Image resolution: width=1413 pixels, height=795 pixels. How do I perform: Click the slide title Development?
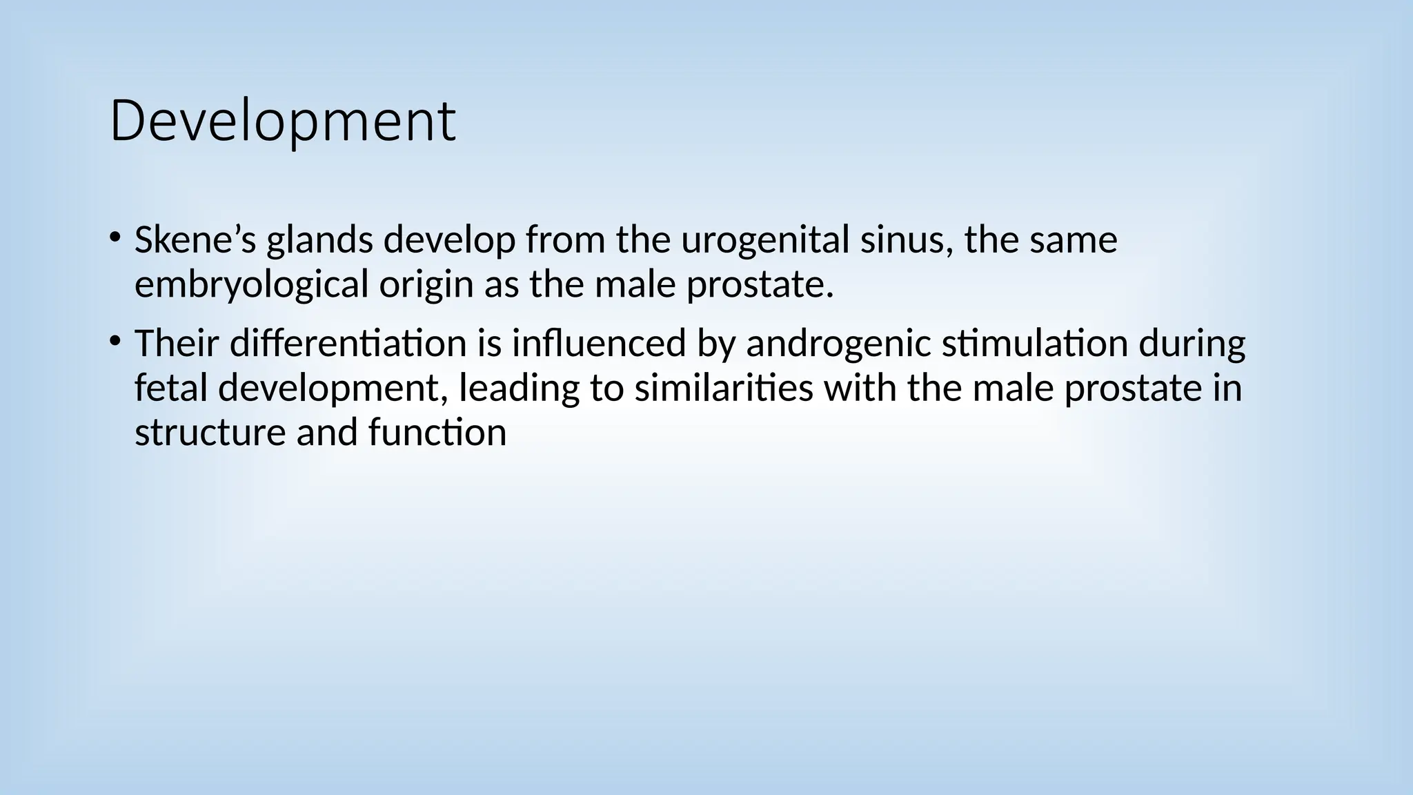click(282, 122)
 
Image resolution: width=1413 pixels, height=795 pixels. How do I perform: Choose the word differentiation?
click(348, 344)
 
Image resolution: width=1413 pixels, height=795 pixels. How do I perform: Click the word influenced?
click(598, 344)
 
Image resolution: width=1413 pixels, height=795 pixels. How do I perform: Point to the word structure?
click(210, 432)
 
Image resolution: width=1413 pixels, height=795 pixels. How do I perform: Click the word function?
click(437, 432)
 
